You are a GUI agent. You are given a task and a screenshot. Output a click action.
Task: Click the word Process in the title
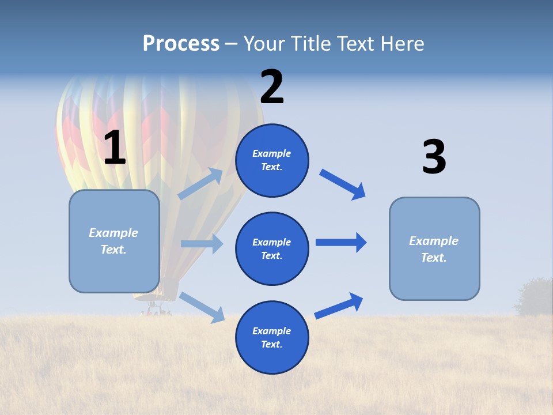pos(181,43)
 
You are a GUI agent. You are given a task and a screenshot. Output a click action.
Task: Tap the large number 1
pos(115,148)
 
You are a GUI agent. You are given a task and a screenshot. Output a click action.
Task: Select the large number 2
pos(272,87)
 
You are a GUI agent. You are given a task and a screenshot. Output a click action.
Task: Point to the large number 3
pos(434,157)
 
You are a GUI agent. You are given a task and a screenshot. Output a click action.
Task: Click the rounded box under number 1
pos(114,241)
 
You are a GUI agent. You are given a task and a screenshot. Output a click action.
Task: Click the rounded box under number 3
pos(434,248)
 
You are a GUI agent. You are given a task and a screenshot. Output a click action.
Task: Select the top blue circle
pos(272,160)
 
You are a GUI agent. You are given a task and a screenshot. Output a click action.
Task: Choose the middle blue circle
pos(272,248)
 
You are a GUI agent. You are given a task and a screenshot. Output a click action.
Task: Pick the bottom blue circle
pos(272,337)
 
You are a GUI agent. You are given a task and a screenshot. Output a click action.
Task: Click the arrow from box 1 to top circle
pos(200,184)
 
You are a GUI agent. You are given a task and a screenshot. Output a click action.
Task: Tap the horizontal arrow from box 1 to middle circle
pos(202,244)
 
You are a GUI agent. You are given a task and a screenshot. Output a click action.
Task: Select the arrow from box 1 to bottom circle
pos(202,307)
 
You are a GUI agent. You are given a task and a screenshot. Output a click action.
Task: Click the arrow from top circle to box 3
pos(343,184)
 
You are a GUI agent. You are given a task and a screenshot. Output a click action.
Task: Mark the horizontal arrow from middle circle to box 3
pos(341,242)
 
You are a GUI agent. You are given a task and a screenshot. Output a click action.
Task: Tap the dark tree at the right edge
pos(536,297)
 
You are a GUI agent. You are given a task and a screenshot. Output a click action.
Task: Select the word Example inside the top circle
pos(272,153)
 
